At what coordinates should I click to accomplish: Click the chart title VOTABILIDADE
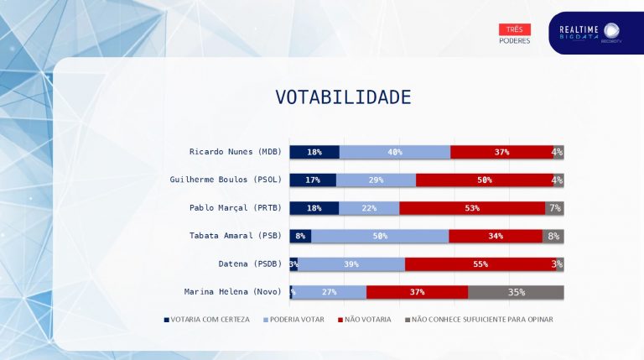click(343, 97)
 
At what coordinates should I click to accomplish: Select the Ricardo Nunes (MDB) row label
click(235, 152)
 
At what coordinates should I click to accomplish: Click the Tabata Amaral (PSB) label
click(235, 236)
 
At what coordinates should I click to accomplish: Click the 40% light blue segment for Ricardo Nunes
click(395, 152)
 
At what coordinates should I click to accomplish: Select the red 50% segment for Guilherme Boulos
click(484, 180)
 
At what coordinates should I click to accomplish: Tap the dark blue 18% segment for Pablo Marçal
click(314, 208)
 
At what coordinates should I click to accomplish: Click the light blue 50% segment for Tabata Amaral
click(380, 236)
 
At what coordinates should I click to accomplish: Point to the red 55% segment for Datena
click(480, 264)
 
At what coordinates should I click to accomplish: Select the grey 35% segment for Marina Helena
click(516, 292)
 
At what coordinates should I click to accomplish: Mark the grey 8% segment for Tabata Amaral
click(553, 236)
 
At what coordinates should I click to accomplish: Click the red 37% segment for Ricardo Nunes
click(501, 152)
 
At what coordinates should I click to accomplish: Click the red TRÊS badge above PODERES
click(514, 29)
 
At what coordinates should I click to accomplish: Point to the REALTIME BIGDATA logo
click(590, 33)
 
